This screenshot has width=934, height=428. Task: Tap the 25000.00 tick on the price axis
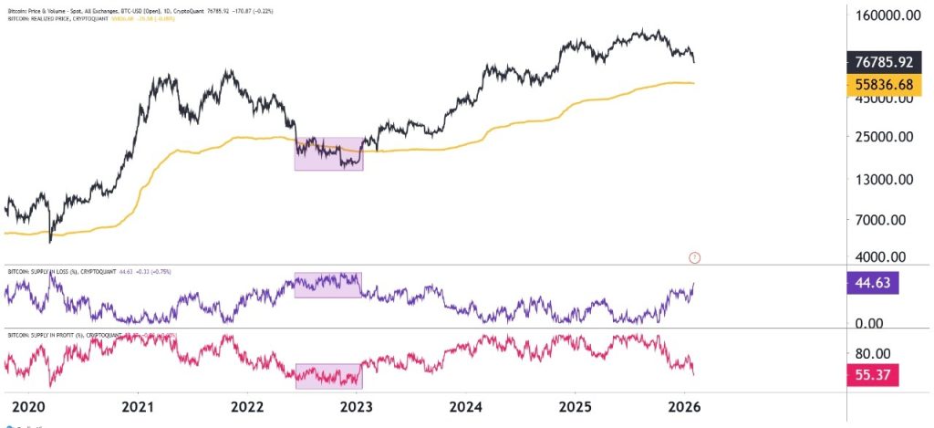(882, 138)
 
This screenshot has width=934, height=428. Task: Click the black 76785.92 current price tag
(881, 63)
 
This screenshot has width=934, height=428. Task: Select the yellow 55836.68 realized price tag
(881, 85)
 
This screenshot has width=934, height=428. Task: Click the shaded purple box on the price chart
(328, 153)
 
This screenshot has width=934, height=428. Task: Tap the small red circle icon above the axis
(695, 257)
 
